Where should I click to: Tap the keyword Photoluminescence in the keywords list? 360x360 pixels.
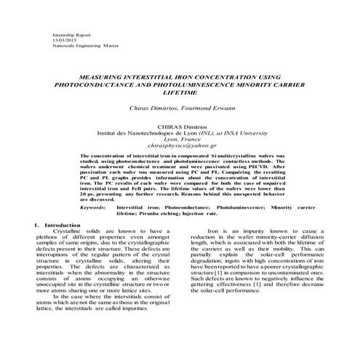click(228, 207)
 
